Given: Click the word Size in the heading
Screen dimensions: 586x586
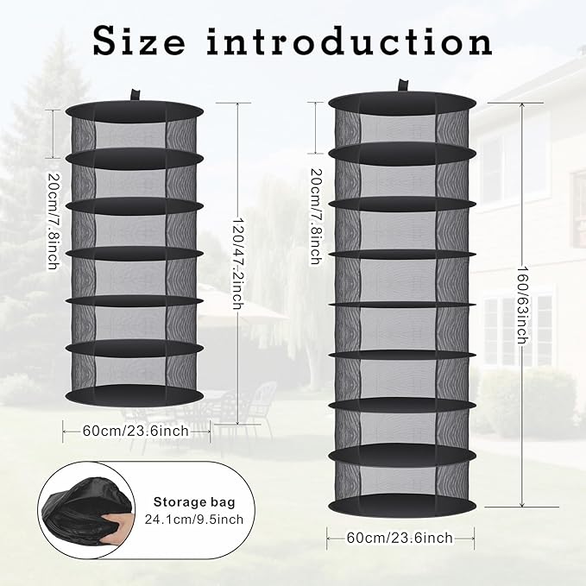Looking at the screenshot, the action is pyautogui.click(x=139, y=41).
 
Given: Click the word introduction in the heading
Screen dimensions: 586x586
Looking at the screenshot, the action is pyautogui.click(x=350, y=41).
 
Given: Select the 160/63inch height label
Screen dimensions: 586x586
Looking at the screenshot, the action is pyautogui.click(x=522, y=305).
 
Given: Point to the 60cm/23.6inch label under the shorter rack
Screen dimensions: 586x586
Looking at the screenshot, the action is pyautogui.click(x=136, y=431).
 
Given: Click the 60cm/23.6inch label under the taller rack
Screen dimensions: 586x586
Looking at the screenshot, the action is pyautogui.click(x=400, y=538).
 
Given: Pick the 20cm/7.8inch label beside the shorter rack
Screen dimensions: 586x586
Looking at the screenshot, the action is pyautogui.click(x=54, y=220).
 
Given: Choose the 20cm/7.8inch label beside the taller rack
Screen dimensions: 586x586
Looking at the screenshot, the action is pyautogui.click(x=317, y=217).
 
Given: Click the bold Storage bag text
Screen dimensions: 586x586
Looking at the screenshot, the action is pyautogui.click(x=194, y=502).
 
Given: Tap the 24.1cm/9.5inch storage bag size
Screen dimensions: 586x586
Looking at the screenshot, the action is pyautogui.click(x=194, y=520).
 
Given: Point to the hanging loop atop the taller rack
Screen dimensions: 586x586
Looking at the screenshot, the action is pyautogui.click(x=403, y=85).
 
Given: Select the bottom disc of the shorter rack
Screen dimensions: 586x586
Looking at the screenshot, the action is pyautogui.click(x=135, y=394).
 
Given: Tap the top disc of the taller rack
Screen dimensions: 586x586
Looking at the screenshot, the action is pyautogui.click(x=402, y=103).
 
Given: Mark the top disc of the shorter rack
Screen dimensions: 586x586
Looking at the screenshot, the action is pyautogui.click(x=135, y=111).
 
